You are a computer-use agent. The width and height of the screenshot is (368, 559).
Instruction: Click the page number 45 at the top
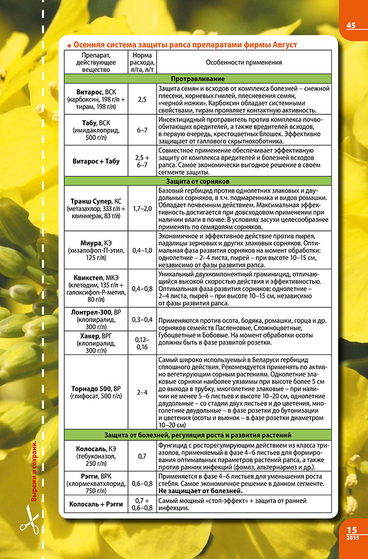351,25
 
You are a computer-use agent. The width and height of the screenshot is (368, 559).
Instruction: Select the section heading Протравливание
198,79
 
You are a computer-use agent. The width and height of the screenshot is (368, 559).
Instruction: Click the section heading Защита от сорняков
198,181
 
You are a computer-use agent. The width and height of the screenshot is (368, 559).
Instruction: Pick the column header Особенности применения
244,62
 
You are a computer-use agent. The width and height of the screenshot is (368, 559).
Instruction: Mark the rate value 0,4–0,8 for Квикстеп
142,288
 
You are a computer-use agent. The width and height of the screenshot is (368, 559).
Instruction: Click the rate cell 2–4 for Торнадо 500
142,392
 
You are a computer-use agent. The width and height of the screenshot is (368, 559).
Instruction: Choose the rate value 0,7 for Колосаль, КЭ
142,456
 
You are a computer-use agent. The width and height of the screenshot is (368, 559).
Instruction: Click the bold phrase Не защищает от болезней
200,490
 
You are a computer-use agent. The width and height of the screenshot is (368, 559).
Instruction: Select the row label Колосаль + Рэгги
96,504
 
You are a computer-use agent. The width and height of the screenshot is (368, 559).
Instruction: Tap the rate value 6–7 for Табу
142,130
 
